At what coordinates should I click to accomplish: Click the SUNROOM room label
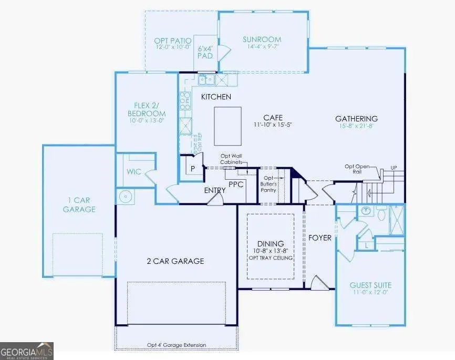262,39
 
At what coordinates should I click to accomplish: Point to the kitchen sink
205,80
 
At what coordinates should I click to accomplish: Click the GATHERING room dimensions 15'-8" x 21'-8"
357,126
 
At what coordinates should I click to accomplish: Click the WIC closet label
133,172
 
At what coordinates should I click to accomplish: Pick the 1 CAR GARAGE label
79,204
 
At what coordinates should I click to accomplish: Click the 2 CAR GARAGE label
176,261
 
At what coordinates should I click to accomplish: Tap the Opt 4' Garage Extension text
176,345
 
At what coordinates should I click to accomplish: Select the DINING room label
271,244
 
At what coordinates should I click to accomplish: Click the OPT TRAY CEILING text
271,258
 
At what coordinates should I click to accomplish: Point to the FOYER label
320,238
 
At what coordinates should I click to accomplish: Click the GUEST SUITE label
370,285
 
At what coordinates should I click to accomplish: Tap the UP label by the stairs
394,168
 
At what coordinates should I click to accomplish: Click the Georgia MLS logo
27,351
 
